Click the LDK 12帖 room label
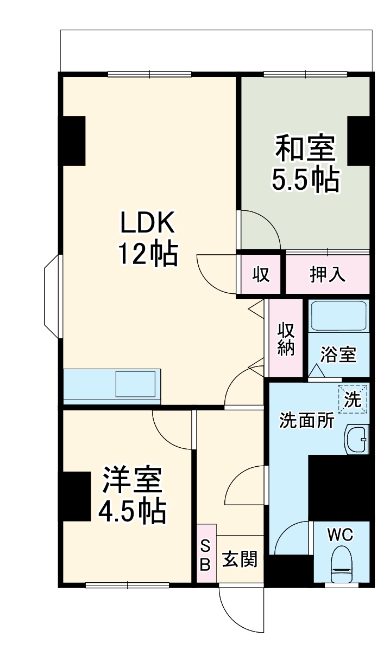(147, 238)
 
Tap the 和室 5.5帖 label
(305, 164)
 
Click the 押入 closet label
(328, 275)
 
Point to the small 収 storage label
(261, 275)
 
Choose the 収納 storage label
(286, 339)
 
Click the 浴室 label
(338, 355)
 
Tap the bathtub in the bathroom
(338, 317)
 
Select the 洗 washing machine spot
(353, 400)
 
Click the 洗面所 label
(299, 421)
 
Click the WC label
(340, 535)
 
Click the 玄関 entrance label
(240, 559)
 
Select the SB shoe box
(206, 554)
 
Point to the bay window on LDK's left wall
(53, 295)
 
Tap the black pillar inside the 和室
(359, 140)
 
